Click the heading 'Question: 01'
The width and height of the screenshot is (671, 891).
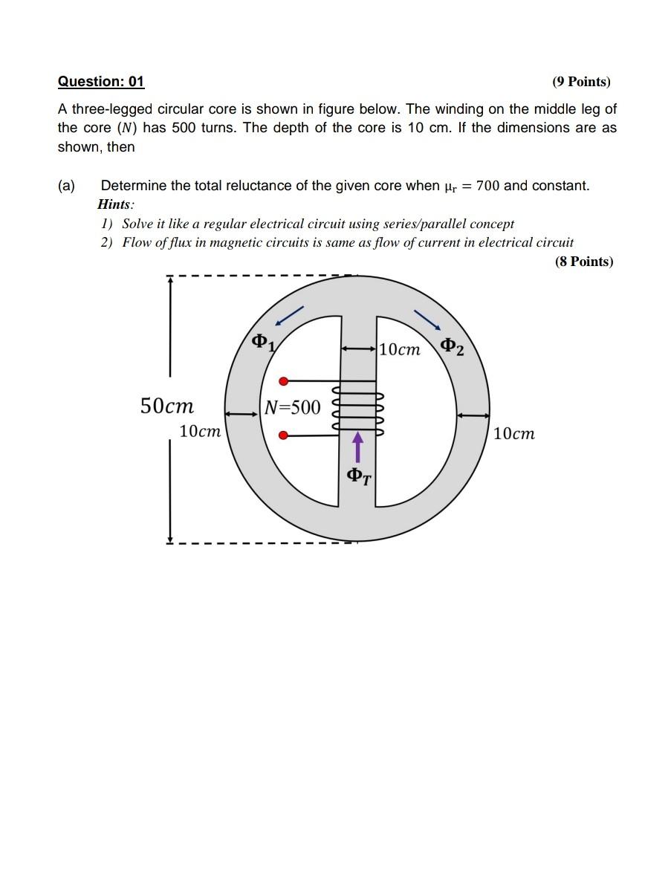point(101,81)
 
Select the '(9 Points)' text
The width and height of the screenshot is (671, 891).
point(581,82)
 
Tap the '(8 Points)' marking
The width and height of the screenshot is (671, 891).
point(584,262)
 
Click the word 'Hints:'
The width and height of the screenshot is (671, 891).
point(116,204)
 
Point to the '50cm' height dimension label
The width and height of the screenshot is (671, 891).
point(167,406)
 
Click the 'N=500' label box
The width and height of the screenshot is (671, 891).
point(293,407)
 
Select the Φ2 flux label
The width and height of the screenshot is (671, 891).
point(452,346)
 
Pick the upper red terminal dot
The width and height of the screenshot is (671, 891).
point(283,381)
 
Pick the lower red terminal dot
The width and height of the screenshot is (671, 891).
point(283,437)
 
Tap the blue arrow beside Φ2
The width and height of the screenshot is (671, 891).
point(427,317)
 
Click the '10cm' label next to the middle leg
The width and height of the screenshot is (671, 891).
point(399,349)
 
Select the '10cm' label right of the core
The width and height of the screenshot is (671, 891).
point(513,433)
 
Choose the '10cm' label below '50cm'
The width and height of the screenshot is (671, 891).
point(200,432)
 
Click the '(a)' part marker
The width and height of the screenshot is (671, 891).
point(67,186)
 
